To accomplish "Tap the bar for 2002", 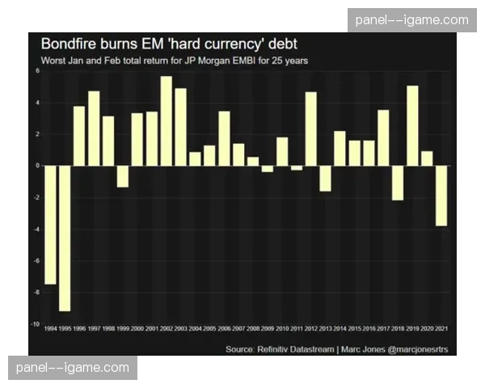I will pos(167,120).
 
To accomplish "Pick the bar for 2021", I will pos(442,195).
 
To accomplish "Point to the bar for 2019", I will pos(413,125).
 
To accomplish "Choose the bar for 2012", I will pos(311,129).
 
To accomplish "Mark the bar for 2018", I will pos(398,182).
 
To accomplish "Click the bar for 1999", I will pos(123,175).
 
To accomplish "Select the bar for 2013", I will pos(325,178).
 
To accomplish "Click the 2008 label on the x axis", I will pos(253,328).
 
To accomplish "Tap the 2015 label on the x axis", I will pos(354,328).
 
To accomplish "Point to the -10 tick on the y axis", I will pos(34,323).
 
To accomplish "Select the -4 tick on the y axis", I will pos(36,229).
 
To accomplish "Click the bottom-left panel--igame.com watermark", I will pos(74,368).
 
